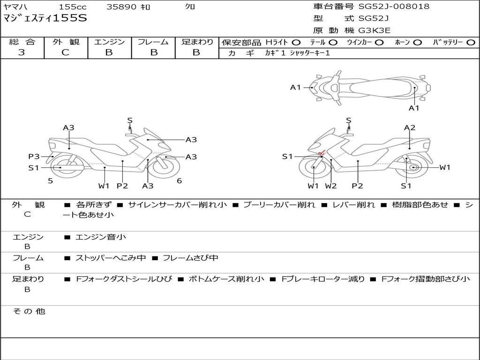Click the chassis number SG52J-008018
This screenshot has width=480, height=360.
tap(394, 7)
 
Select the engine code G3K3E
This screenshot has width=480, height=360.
tap(375, 30)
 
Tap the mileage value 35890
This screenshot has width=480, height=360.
tap(121, 7)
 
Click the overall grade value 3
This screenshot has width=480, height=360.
tap(22, 52)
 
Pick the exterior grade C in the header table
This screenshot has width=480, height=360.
tap(65, 52)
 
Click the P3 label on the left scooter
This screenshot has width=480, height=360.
tap(34, 157)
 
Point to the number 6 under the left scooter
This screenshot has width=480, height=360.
tap(179, 180)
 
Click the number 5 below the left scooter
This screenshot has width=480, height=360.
tap(50, 180)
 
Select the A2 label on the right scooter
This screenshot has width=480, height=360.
tap(410, 127)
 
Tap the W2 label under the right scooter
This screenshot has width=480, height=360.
tap(331, 186)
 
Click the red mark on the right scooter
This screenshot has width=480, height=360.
tap(322, 153)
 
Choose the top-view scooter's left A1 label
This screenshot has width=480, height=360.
tap(295, 87)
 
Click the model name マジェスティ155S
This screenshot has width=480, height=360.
tap(45, 19)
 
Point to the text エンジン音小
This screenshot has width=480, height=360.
tap(101, 237)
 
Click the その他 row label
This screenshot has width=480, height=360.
tap(29, 311)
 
